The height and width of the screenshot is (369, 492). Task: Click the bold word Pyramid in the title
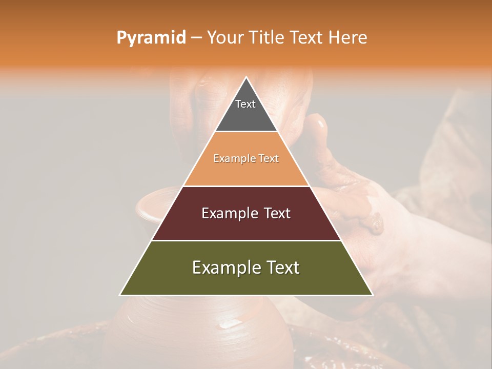tap(151, 37)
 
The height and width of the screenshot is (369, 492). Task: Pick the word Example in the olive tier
tap(222, 268)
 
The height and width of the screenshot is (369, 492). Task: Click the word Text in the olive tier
tap(283, 268)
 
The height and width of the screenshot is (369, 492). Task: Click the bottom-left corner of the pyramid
tap(120, 295)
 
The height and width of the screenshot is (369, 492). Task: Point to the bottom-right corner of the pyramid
tap(373, 295)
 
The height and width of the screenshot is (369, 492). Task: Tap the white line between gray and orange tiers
tap(246, 132)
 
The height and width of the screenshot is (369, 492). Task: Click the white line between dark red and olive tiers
tap(246, 240)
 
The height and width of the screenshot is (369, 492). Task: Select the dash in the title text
tap(196, 38)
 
